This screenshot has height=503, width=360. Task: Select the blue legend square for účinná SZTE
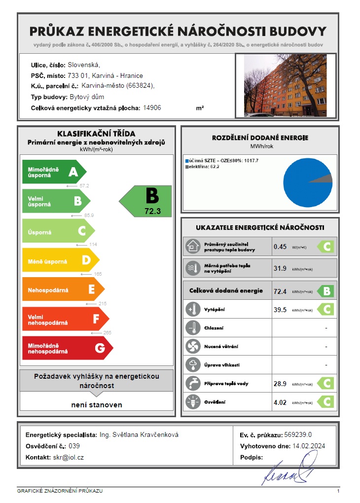click(187, 161)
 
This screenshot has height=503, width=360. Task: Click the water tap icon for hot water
click(191, 383)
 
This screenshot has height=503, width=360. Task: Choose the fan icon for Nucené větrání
click(191, 346)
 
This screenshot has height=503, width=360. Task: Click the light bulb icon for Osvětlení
click(191, 402)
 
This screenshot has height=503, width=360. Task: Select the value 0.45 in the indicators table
click(280, 247)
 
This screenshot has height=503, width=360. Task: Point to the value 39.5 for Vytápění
click(280, 310)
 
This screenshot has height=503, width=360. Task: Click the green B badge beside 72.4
click(325, 291)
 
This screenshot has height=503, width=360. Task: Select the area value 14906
click(151, 107)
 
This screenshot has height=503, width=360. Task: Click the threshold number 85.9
click(89, 216)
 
